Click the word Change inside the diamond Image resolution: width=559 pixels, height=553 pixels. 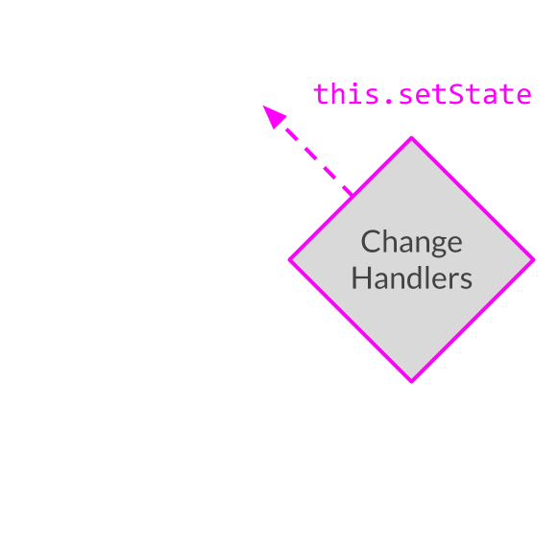[412, 242]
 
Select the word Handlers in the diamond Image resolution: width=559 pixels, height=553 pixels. [412, 277]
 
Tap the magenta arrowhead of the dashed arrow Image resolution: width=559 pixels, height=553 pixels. [273, 116]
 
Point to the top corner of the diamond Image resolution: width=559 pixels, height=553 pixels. [411, 137]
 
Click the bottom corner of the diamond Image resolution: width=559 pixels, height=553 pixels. [411, 381]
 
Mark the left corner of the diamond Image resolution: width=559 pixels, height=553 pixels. [289, 260]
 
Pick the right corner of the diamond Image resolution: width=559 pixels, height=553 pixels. [534, 260]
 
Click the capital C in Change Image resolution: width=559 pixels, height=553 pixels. [370, 241]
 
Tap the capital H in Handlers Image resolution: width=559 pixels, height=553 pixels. [361, 277]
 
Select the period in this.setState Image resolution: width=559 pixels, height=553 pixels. [389, 101]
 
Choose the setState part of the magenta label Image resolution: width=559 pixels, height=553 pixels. [466, 94]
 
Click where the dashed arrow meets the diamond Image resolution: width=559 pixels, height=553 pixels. [352, 195]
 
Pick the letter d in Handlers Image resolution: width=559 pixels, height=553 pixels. [413, 277]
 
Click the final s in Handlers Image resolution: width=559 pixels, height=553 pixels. [467, 281]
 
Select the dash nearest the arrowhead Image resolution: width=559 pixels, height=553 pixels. [292, 134]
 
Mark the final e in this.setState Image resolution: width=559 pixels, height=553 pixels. [523, 97]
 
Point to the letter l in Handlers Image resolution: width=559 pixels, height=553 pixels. [427, 277]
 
